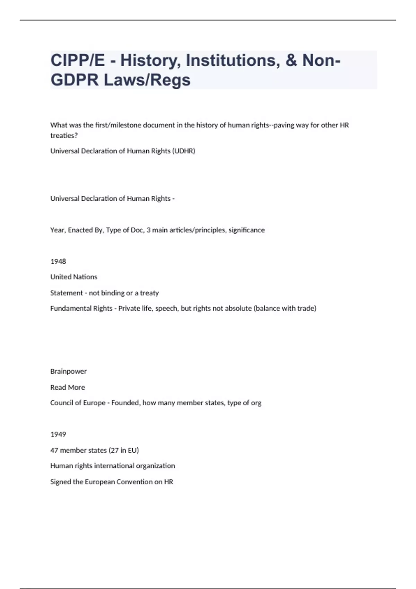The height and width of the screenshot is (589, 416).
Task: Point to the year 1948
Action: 58,262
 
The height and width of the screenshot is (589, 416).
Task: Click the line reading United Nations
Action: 73,277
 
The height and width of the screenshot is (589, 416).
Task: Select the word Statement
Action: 67,293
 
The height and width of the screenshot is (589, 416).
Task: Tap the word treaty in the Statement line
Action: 149,293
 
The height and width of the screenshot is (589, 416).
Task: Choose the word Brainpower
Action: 68,371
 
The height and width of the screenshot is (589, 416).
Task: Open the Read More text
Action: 68,387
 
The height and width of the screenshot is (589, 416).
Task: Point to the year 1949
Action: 58,434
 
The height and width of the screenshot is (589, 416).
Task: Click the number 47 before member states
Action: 54,450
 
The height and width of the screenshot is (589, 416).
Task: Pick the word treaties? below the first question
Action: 64,136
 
